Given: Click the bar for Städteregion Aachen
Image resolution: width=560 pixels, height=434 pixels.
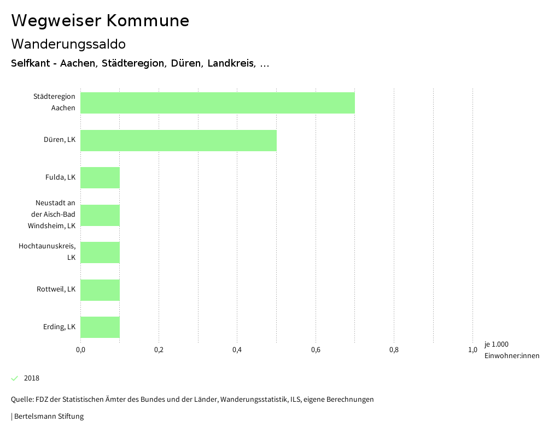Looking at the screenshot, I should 218,103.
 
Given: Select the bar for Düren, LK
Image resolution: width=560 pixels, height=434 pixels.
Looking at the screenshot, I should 178,140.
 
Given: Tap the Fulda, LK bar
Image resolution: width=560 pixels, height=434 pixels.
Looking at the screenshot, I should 100,177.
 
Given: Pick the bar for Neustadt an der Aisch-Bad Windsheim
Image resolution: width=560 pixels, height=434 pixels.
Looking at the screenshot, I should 100,215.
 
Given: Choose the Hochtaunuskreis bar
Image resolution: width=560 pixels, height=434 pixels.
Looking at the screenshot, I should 100,252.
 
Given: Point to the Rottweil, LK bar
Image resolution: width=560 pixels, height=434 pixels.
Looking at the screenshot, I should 100,290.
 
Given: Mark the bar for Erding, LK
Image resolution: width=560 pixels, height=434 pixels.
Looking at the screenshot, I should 100,327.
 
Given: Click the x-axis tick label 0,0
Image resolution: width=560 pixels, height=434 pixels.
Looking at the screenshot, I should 80,350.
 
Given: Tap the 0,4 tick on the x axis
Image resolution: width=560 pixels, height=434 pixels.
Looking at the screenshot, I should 237,350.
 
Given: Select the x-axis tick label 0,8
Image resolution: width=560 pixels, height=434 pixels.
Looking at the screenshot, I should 394,350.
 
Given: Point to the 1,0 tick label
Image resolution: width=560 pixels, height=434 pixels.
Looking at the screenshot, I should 472,350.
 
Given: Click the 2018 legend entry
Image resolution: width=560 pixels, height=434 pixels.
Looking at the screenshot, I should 32,378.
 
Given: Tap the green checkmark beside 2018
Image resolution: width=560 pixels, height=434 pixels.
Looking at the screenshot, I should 15,378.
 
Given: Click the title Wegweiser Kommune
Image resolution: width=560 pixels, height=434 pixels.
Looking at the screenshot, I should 100,21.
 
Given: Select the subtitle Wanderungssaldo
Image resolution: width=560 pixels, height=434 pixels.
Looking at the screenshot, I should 68,44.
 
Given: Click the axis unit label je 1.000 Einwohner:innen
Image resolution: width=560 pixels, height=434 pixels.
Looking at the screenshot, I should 511,350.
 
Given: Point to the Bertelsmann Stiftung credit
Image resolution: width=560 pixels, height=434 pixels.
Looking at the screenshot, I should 49,417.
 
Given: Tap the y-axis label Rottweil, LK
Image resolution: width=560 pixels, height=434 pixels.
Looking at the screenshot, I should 56,289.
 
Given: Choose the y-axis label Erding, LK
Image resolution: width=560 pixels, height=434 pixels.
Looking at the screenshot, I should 59,327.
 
